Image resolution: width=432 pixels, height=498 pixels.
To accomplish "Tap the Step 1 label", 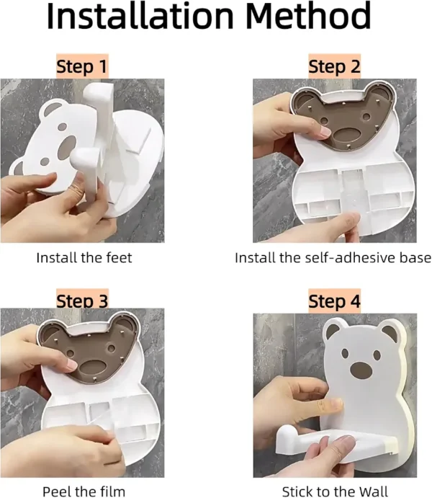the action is pos(83,66).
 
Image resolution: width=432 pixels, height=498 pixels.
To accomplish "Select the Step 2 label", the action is pos(334,66).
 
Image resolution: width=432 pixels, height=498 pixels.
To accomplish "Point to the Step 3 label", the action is pos(83,300).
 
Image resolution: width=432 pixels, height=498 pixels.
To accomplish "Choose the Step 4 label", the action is pos(334,301).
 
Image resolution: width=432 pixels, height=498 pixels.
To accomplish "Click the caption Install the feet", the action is pos(84,257).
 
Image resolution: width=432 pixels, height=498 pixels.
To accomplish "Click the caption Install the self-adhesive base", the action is pos(333,257).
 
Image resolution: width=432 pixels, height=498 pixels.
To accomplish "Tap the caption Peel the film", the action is pos(84,491).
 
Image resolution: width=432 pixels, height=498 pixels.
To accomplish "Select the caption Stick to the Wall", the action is pos(335,491).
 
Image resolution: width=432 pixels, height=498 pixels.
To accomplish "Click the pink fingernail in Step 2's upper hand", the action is pos(325,131).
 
